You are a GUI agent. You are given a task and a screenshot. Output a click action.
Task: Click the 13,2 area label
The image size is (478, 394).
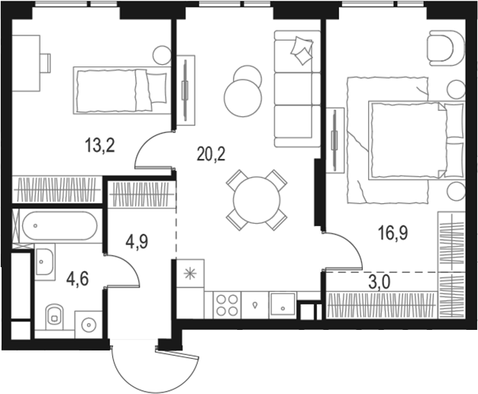point(100,145)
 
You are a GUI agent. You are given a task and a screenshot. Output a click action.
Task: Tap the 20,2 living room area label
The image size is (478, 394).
point(211,154)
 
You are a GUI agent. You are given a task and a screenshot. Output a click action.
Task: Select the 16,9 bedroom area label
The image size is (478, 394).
point(393,234)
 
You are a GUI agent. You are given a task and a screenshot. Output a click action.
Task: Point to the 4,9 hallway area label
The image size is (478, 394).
point(137,242)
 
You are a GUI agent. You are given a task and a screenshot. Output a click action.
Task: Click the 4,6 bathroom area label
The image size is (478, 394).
point(78,279)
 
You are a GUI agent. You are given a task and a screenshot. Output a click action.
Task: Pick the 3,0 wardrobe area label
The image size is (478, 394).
point(379,282)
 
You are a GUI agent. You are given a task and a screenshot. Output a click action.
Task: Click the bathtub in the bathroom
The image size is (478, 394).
point(60,226)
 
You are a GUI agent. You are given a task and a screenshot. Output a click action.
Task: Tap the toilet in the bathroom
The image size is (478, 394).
point(54,316)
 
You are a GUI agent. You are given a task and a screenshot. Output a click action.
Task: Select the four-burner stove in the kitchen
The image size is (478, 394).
point(227,305)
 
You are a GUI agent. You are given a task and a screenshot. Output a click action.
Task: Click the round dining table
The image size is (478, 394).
point(257,200)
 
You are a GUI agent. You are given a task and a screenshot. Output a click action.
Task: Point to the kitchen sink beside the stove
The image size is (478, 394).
point(283,305)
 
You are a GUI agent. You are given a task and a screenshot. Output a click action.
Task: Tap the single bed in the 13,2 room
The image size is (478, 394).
point(122,91)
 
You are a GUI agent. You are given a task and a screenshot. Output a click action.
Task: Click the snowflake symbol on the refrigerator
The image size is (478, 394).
point(191,273)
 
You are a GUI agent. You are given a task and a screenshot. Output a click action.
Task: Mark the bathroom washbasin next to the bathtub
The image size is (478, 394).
point(45,262)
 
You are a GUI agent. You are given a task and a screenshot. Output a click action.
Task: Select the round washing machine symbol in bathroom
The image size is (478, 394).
point(89,325)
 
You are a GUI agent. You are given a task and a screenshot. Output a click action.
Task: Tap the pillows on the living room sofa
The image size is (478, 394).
point(302,50)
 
